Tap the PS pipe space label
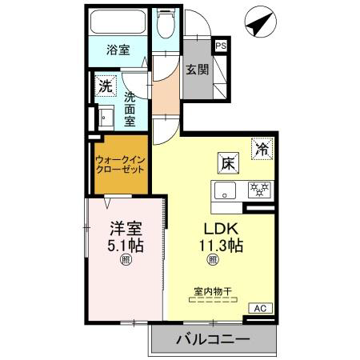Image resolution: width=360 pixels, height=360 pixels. [221, 46]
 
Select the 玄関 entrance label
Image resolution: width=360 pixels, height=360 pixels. [198, 70]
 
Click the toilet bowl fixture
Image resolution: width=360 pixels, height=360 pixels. [166, 24]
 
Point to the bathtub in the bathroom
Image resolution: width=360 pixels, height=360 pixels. [118, 22]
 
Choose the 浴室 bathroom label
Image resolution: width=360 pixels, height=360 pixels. [118, 50]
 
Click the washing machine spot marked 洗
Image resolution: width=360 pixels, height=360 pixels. [106, 86]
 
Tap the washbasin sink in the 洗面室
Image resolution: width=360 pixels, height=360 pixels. [106, 118]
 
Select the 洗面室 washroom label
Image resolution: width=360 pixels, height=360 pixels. [130, 110]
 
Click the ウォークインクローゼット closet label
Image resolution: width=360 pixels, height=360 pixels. [120, 165]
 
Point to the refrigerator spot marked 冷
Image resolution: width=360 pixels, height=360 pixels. [262, 149]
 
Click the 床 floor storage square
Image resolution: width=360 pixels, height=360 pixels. [229, 163]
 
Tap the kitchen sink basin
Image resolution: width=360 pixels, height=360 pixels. [226, 190]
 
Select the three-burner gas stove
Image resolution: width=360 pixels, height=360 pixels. [259, 190]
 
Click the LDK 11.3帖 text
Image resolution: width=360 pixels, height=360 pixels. [221, 237]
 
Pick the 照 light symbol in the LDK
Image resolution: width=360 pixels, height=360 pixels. [213, 260]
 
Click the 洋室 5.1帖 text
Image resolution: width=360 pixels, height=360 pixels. [126, 237]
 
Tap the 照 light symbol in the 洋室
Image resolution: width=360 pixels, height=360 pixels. [126, 260]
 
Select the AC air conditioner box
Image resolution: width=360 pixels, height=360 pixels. [261, 308]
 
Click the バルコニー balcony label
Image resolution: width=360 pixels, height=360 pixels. [213, 339]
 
